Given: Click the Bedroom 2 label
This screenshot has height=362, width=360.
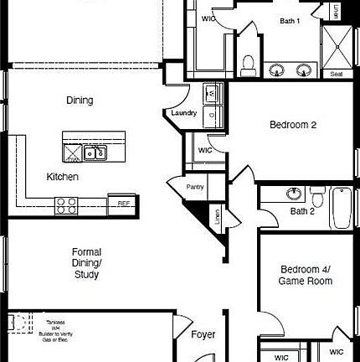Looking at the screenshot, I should coord(292,126).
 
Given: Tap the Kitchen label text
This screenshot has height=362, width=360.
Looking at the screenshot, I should coord(63,177).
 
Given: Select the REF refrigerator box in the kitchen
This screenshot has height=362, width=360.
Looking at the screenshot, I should coord(123,204).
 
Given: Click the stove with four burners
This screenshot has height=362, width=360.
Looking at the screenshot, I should coord(67,204).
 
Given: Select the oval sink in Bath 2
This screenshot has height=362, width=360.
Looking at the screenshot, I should coord(294,194).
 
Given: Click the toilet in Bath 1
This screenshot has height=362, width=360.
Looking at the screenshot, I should coord(248,64).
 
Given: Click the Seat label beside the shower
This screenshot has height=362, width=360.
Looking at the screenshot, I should coord(337,74).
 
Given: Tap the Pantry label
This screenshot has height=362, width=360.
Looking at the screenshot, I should coord(195,187).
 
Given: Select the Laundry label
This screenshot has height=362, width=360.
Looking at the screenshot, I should coord(184,113).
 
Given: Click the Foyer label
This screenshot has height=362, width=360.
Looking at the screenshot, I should coord(203,334).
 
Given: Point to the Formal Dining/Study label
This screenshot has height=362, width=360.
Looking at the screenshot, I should coord(86,262).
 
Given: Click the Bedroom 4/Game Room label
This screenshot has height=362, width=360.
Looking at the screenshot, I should coord(306,275).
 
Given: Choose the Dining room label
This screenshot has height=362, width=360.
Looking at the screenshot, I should coord(80,101).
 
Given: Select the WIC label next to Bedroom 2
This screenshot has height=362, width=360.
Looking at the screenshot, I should coord(204,151).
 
